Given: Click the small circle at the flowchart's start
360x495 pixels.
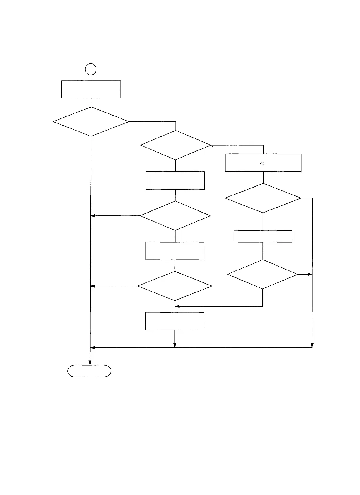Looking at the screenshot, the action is click(91, 69).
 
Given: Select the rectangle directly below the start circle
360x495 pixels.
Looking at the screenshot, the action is click(91, 89).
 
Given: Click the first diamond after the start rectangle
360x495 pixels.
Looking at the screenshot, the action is click(91, 121).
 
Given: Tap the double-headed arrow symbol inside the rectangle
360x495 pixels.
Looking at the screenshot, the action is click(262, 163).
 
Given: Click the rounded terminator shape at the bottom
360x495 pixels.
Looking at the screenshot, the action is click(89, 371).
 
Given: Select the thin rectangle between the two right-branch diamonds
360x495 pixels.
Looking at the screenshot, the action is click(263, 236).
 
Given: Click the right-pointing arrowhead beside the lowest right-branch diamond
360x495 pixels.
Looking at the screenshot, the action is click(310, 274).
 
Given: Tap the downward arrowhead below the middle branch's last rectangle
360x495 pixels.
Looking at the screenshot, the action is click(175, 345).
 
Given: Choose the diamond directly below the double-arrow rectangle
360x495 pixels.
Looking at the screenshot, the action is click(263, 198).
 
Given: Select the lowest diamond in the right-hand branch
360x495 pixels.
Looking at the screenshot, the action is click(263, 274).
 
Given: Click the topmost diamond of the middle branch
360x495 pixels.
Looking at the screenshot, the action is click(176, 145).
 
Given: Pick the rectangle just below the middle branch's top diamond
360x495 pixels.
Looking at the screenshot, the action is click(175, 180).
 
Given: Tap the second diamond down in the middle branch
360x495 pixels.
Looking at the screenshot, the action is click(175, 216).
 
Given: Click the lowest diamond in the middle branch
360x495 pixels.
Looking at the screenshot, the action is click(175, 286).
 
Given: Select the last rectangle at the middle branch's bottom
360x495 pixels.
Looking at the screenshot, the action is click(175, 321).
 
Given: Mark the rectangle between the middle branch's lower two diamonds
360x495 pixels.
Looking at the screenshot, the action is click(175, 251).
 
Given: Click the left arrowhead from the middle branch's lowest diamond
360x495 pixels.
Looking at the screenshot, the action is click(93, 286).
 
